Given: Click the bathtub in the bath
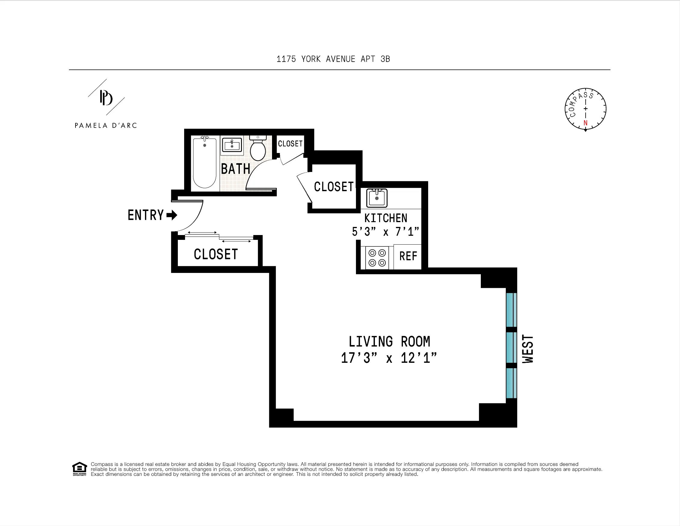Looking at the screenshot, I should tap(205, 163).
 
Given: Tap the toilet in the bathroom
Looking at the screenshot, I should tap(258, 149).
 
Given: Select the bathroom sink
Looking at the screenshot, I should tap(232, 145).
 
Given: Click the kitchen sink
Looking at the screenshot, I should tap(377, 198).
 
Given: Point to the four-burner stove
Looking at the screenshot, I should tap(377, 258).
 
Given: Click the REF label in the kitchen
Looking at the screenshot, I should tap(408, 256).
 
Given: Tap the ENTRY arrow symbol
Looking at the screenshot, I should tap(172, 215).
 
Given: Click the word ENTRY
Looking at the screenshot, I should tap(146, 215).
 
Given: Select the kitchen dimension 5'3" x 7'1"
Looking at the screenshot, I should tap(385, 232).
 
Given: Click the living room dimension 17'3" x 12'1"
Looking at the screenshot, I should tap(388, 358).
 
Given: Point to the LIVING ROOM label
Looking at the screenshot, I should tap(389, 341).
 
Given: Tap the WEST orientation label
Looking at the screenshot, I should tap(528, 349).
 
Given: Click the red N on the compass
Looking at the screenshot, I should tap(585, 123).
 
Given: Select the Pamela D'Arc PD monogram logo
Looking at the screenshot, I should tap(106, 98).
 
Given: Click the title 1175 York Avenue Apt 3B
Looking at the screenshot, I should tap(333, 59).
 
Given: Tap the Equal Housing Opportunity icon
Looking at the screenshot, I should tap(79, 469).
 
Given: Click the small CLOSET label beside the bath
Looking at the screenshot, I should tap(290, 144).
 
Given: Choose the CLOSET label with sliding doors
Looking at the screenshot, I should tap(216, 254).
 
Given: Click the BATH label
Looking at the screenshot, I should tap(236, 169).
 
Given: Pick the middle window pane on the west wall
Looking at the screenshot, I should tap(511, 347).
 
